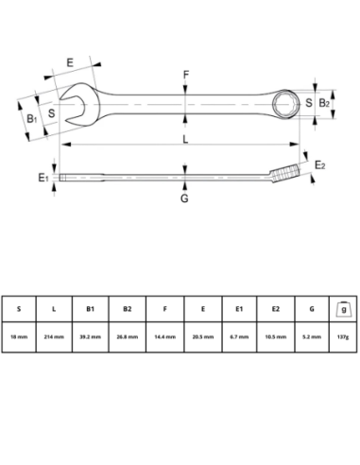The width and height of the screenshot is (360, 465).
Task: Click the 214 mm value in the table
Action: (x=55, y=336)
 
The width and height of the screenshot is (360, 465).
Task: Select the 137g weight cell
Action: (x=342, y=336)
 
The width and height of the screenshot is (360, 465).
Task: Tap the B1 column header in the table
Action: (x=91, y=308)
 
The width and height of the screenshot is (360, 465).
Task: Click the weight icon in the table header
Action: (x=342, y=307)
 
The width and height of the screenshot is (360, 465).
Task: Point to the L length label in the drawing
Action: (x=185, y=140)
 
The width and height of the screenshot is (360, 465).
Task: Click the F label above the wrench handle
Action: (x=186, y=74)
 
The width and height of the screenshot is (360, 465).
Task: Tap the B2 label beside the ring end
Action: (x=323, y=102)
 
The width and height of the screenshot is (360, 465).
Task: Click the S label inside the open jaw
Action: (x=52, y=113)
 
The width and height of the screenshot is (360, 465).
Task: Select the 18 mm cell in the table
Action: (x=19, y=336)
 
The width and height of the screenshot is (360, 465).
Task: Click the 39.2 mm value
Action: (x=91, y=336)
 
